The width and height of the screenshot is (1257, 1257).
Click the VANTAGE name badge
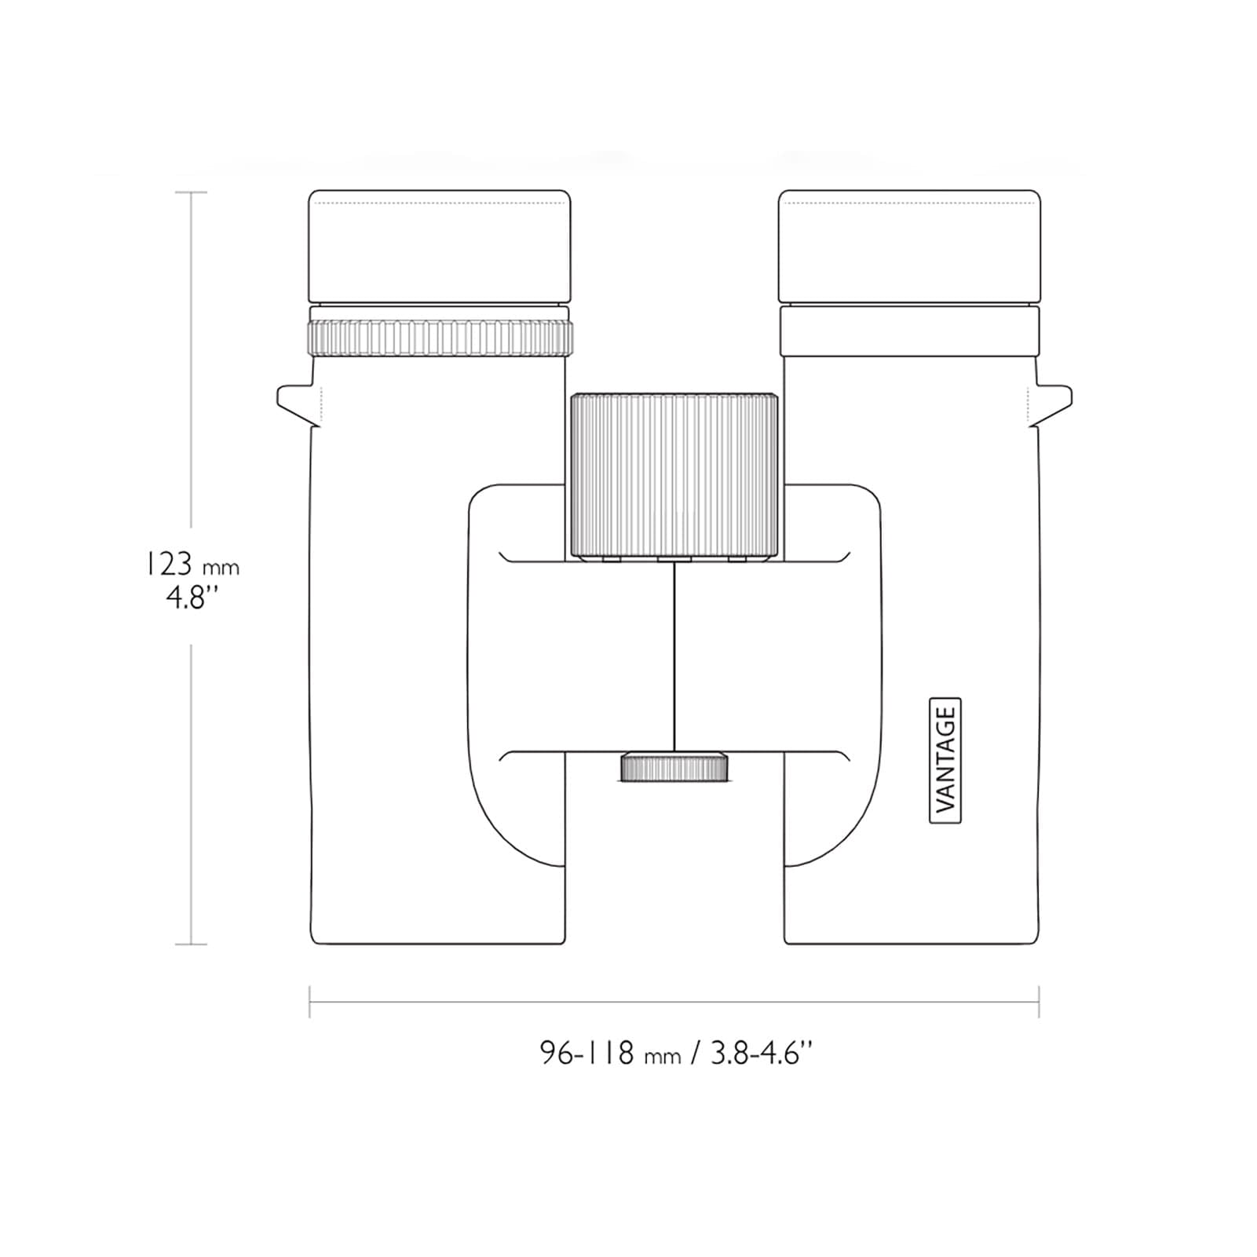945,760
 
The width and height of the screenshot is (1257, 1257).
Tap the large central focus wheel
674,477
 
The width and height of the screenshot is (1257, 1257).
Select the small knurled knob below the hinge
674,767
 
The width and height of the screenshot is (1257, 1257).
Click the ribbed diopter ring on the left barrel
440,338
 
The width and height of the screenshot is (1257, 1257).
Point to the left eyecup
440,247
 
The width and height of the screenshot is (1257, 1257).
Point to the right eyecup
909,247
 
